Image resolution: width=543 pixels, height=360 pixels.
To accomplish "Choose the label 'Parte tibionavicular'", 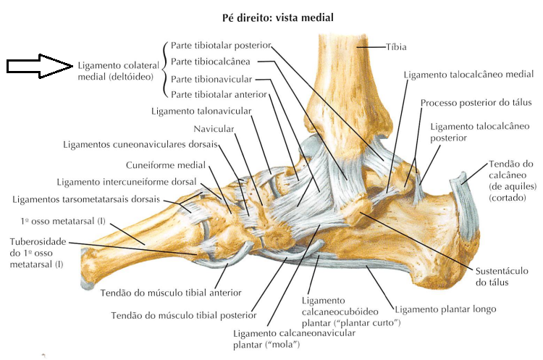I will pos(211,79).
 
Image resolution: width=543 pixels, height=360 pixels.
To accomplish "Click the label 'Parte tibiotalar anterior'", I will pos(219,95).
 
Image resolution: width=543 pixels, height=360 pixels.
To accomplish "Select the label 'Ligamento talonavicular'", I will pos(201,112).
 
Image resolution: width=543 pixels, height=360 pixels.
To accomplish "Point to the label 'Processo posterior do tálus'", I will pos(476,103).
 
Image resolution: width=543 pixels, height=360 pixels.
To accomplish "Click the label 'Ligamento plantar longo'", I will pos(445,309).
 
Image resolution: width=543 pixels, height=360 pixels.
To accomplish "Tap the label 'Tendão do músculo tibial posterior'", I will pos(183,315).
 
